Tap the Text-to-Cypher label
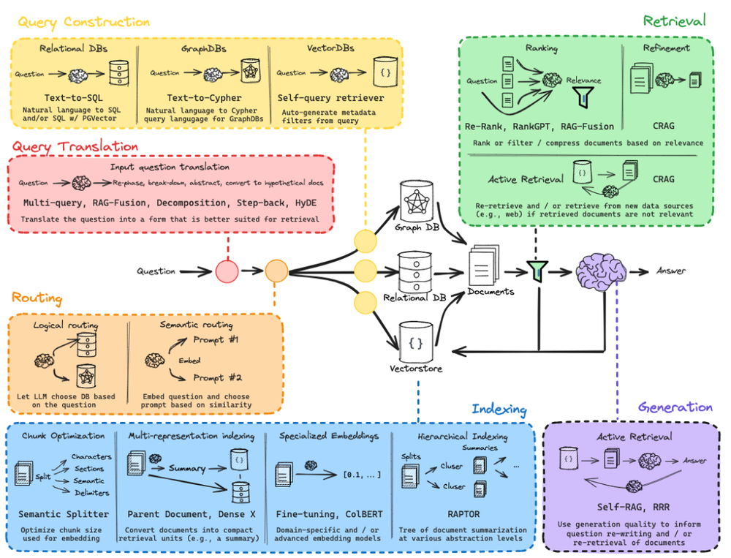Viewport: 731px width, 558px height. click(x=202, y=97)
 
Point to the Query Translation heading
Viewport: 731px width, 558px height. click(x=75, y=146)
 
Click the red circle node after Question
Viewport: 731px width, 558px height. click(x=227, y=272)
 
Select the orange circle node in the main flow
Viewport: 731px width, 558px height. click(x=277, y=272)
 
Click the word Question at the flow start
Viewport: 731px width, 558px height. click(x=156, y=272)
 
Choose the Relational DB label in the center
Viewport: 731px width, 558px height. click(x=414, y=298)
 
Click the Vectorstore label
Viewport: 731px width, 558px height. click(x=416, y=369)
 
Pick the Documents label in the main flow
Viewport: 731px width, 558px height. click(x=491, y=291)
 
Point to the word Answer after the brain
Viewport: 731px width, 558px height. click(x=671, y=271)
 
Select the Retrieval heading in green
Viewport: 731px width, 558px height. click(x=674, y=20)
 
